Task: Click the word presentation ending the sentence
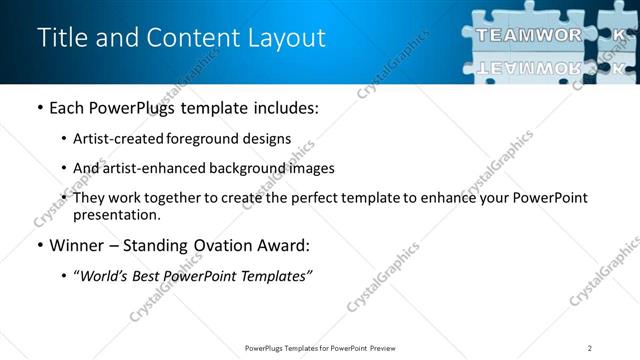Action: point(116,214)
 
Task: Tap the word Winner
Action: point(76,245)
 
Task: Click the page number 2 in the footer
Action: point(589,347)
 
